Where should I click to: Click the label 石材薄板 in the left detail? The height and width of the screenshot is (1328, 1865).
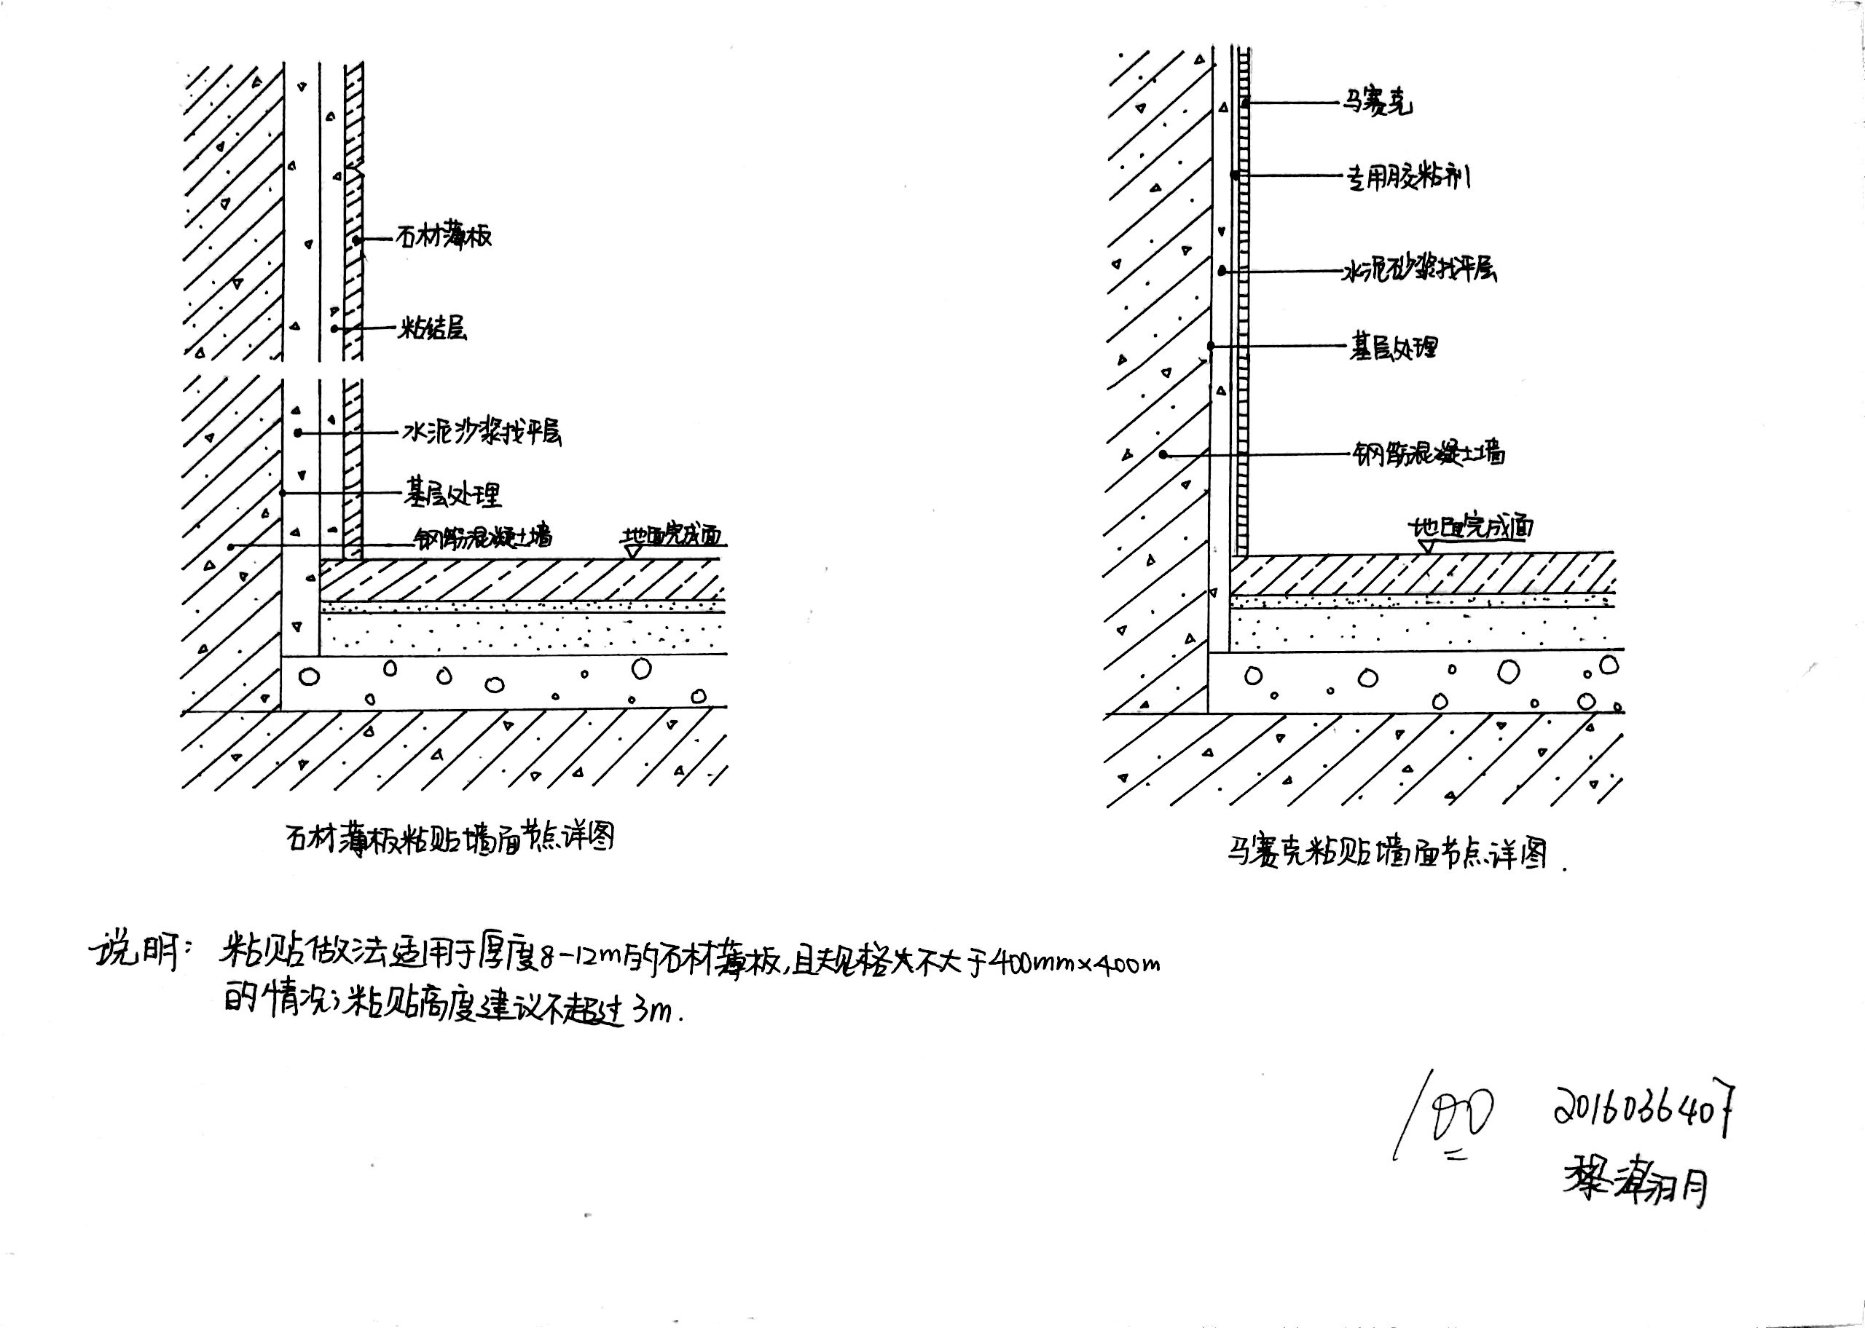(444, 237)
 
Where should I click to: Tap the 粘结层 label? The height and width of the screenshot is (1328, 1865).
(433, 329)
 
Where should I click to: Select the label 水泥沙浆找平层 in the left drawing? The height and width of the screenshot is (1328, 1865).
(482, 432)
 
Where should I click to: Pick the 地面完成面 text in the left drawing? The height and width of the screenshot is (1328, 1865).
(672, 536)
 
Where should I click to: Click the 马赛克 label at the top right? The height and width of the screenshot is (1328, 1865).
(1376, 104)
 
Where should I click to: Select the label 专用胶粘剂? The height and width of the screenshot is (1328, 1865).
(1408, 177)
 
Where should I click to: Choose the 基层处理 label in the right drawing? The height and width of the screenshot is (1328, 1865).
(1393, 347)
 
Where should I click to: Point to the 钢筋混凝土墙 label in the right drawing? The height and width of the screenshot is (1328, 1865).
(1428, 453)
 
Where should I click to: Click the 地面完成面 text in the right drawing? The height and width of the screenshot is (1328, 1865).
(1470, 527)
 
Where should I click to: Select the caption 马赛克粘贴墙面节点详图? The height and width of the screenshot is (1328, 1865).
(1386, 853)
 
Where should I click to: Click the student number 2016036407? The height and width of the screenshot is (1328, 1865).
(1644, 1111)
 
